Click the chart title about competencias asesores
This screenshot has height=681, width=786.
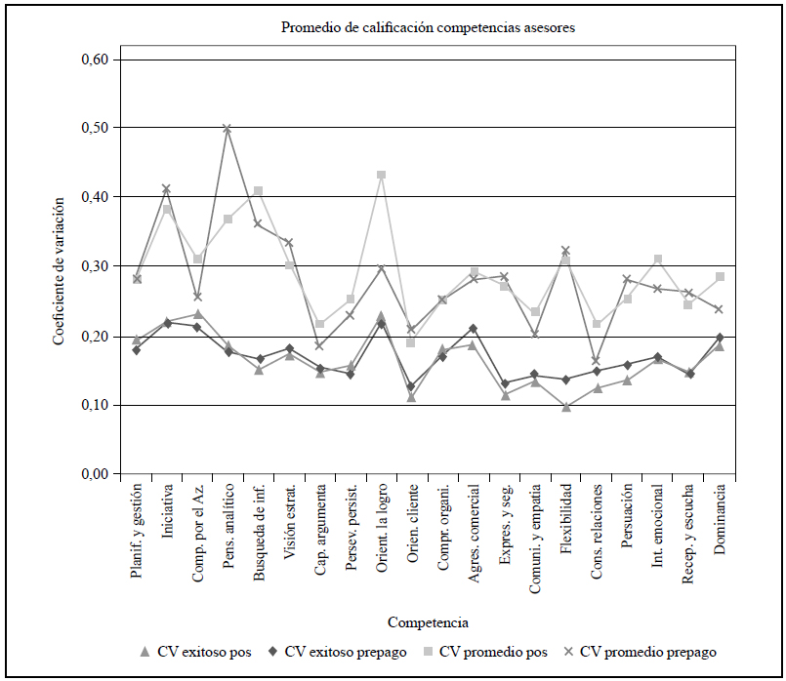click(x=428, y=27)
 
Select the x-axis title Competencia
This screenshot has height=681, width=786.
click(x=428, y=621)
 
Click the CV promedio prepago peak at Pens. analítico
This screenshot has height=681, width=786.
click(x=228, y=129)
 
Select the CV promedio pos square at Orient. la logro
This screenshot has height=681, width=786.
click(x=381, y=175)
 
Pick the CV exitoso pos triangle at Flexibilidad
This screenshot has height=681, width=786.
click(x=565, y=407)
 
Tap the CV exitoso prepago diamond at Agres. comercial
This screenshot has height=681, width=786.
click(x=474, y=329)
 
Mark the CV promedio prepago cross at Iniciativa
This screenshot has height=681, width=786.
click(x=167, y=188)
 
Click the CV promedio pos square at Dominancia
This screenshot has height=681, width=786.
click(x=719, y=277)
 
